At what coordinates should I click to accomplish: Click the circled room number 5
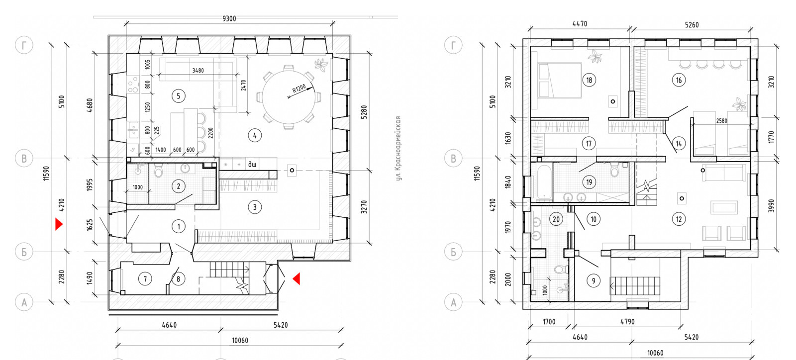pos(179,95)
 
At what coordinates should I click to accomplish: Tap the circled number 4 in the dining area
pos(254,135)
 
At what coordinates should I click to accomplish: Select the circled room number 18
pos(589,80)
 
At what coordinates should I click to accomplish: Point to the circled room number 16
pos(679,80)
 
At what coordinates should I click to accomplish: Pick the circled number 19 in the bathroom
pos(589,182)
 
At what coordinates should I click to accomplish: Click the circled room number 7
pos(145,279)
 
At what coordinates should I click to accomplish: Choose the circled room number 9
pos(593,281)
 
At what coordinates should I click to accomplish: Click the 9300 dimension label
pos(229,18)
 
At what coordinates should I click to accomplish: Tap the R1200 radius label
pos(299,88)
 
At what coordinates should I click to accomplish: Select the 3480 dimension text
pos(198,70)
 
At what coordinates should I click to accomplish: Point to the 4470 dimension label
pos(580,24)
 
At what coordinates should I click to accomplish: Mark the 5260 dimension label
pos(692,25)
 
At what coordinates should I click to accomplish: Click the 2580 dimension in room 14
pos(721,121)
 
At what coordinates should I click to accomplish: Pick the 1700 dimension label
pos(549,322)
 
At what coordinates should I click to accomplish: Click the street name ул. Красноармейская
pos(398,148)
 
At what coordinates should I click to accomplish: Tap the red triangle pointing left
pos(297,278)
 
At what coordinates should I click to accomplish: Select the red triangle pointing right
pos(59,224)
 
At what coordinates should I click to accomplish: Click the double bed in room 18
pos(560,80)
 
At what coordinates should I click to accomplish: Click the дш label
pos(252,164)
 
